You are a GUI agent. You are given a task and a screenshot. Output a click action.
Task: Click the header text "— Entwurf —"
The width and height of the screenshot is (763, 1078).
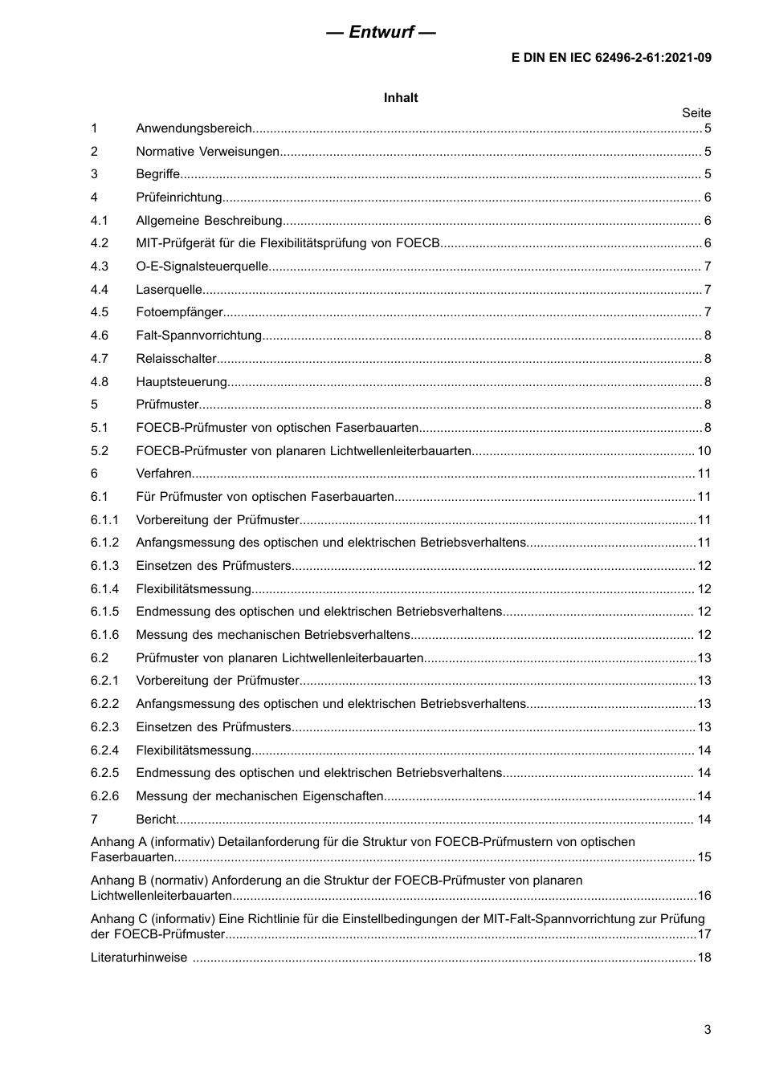pos(381,32)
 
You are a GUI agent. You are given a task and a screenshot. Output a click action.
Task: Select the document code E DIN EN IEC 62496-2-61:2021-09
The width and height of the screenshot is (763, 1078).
pos(611,58)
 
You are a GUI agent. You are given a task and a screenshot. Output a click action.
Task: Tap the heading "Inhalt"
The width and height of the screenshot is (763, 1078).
pos(401,98)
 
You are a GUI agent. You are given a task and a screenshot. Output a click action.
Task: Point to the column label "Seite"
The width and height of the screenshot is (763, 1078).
pos(696,113)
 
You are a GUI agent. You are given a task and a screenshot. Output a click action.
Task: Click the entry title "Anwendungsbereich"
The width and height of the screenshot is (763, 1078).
pos(194,128)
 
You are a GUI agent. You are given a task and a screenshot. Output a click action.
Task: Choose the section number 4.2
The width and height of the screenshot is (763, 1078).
pos(100,243)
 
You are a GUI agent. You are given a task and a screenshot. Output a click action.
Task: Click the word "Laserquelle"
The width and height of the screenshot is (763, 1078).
pos(169,290)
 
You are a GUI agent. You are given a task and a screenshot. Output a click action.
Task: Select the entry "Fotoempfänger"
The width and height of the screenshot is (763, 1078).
pos(179,312)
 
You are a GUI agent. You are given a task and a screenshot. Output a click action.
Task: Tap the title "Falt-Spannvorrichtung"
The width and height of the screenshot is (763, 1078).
pos(199,336)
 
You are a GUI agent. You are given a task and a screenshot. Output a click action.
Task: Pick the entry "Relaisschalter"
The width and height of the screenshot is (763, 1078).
pos(176,359)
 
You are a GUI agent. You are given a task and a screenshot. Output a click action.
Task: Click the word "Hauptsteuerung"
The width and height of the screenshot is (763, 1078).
pos(182,382)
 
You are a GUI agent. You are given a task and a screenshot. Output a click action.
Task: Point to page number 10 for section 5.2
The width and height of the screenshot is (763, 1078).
pos(704,451)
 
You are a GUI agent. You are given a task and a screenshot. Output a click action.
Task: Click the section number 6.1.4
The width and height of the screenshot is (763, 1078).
pos(104,589)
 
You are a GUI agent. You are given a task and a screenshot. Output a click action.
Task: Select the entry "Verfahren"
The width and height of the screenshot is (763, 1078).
pos(164,474)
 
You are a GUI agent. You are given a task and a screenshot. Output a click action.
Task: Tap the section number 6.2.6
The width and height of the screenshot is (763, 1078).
pos(104,796)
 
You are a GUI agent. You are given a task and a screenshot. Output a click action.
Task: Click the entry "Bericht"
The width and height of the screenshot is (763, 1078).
pos(156,820)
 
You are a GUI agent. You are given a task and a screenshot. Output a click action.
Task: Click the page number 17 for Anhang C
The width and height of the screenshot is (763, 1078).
pos(704,934)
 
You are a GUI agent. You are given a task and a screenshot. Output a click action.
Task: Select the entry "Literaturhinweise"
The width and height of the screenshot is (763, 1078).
pos(139,958)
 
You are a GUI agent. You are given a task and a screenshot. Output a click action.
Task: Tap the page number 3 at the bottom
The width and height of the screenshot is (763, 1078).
pos(707,1030)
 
